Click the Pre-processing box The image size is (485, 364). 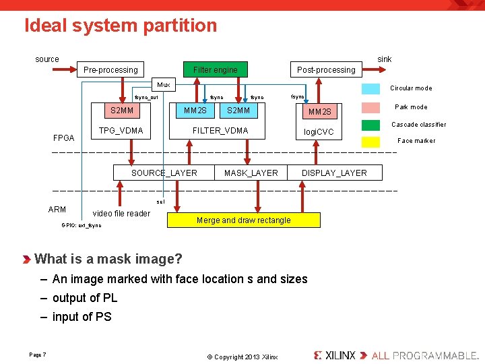point(110,69)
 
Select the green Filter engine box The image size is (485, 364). point(215,69)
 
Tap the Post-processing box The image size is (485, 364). point(326,69)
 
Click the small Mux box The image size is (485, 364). point(164,85)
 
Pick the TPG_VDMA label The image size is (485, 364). point(121,130)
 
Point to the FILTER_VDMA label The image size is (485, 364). point(220,130)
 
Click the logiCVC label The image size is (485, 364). point(319,131)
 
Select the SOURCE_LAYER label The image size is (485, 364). point(164,173)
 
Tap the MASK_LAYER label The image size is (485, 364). point(251,173)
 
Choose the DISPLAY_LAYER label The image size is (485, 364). point(334,173)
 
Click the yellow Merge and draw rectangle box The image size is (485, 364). point(243,220)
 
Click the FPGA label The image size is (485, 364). point(63,138)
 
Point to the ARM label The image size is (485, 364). point(57,210)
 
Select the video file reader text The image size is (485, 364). point(121,214)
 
